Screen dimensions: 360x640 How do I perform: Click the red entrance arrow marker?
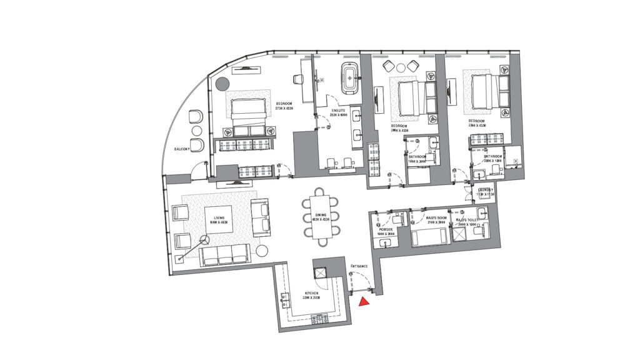click(364, 302)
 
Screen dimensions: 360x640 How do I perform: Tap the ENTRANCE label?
click(359, 266)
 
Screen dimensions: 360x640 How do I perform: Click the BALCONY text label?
click(182, 149)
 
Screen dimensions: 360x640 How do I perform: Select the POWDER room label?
click(386, 229)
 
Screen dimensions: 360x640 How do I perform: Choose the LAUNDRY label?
click(486, 190)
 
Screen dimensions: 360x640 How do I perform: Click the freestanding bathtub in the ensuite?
click(347, 79)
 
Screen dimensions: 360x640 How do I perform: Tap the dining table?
click(321, 216)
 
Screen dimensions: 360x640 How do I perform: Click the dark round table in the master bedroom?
click(221, 84)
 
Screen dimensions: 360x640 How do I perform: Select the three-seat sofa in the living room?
click(225, 253)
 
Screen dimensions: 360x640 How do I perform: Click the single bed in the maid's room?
click(429, 237)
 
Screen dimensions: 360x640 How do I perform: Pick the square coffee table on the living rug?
click(219, 219)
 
